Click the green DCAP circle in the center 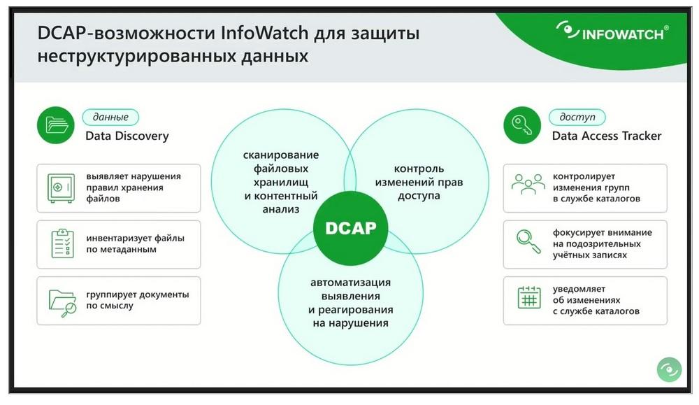350,228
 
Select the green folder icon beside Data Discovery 56,125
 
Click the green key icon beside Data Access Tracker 522,125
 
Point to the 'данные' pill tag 110,117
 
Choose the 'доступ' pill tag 577,117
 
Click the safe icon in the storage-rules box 61,187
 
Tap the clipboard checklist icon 62,243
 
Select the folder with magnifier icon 62,303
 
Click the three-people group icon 528,184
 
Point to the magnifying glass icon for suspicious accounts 528,241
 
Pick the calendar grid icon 529,297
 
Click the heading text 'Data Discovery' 127,136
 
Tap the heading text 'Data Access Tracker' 607,136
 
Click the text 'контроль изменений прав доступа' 419,182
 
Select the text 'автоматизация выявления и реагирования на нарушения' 350,302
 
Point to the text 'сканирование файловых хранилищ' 281,168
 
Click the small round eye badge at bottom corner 669,369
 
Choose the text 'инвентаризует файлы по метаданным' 135,243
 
